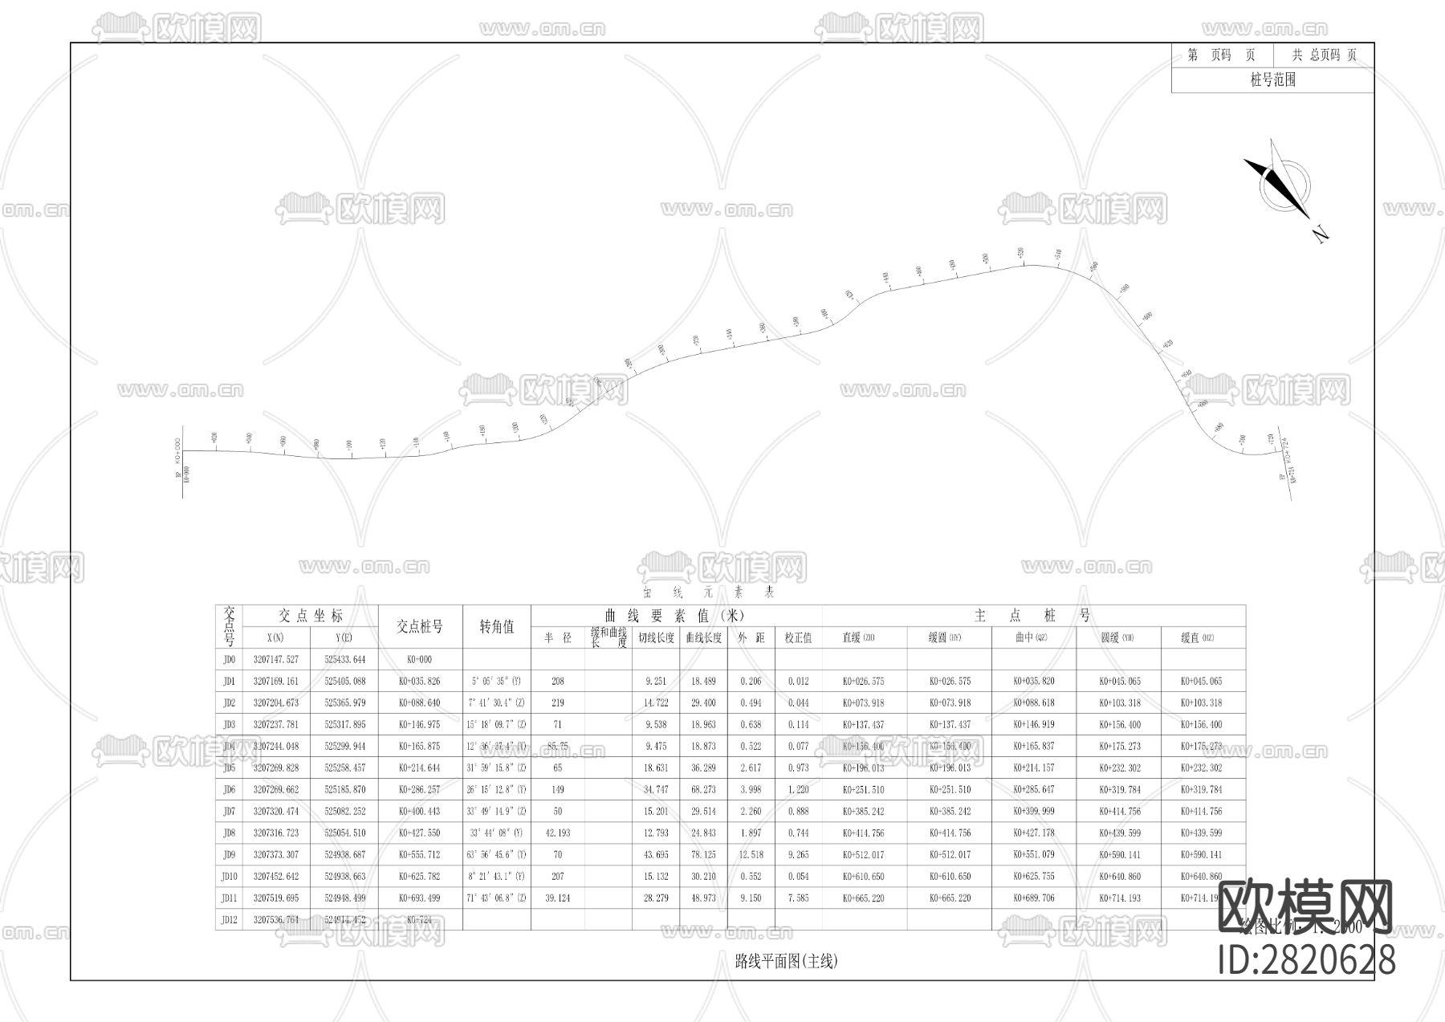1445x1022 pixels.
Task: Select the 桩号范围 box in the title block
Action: click(x=1272, y=79)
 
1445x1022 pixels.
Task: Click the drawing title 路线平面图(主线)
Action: click(x=786, y=961)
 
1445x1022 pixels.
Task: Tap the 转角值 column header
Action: click(x=497, y=626)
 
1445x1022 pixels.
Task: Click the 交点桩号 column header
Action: click(x=420, y=626)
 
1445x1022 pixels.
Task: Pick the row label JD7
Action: click(x=229, y=811)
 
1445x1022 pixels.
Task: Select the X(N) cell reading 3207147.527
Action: click(x=275, y=659)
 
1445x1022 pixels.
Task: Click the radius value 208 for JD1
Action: click(x=558, y=681)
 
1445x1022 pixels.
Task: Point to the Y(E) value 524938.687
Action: click(x=344, y=854)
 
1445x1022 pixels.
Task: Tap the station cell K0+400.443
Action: click(x=420, y=811)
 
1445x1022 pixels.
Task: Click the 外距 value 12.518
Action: click(x=751, y=854)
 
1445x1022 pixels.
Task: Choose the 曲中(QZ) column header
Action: click(x=1033, y=637)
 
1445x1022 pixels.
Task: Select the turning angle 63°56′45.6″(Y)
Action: click(x=497, y=854)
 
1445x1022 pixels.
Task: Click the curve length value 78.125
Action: click(x=703, y=854)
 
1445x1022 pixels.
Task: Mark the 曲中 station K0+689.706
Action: click(x=1033, y=898)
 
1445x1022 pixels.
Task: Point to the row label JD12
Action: click(x=229, y=919)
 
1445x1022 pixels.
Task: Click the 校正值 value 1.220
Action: click(x=798, y=789)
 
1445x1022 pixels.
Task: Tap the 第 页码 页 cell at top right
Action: click(x=1221, y=55)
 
